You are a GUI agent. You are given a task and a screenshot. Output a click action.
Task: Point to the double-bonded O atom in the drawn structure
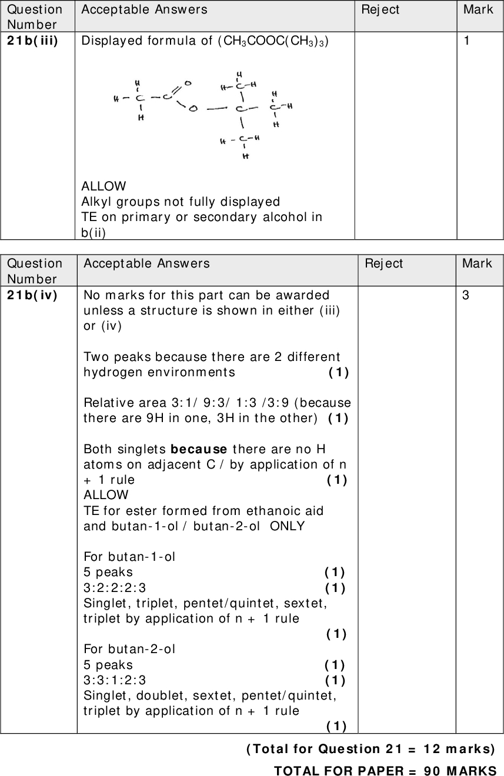click(x=188, y=83)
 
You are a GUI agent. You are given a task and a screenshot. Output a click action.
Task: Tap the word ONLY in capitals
click(x=287, y=526)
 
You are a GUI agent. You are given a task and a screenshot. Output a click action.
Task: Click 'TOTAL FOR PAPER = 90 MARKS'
click(x=385, y=770)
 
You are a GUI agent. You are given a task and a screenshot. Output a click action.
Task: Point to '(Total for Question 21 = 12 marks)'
click(x=371, y=748)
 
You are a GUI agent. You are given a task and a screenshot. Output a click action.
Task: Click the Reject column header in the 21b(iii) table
click(x=380, y=9)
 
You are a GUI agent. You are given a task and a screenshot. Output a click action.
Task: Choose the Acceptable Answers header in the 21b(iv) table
click(x=146, y=263)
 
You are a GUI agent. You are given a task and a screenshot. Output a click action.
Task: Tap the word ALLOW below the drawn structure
click(x=104, y=186)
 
